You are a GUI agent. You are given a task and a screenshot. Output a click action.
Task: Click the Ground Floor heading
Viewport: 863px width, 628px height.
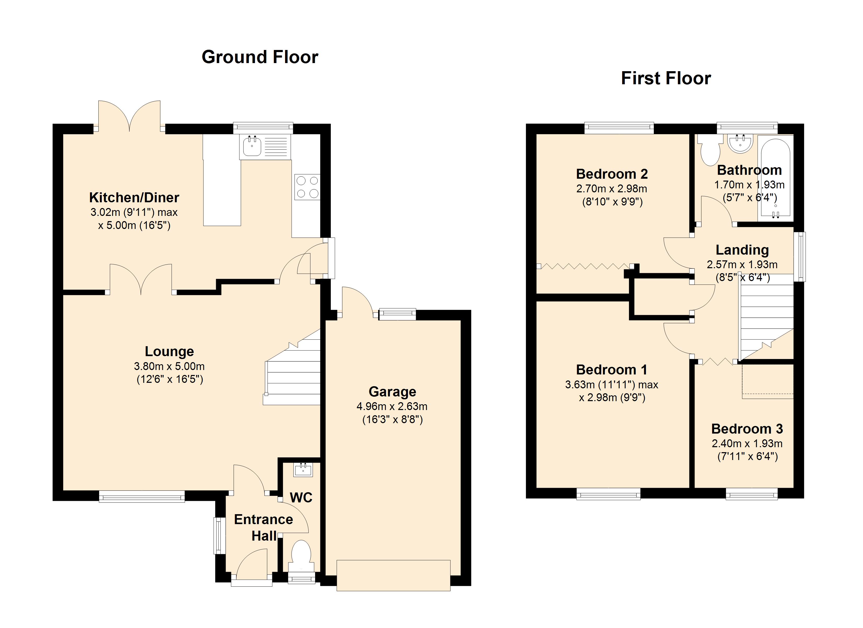[260, 57]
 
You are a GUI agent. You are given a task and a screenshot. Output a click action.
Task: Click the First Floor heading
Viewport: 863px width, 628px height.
[666, 78]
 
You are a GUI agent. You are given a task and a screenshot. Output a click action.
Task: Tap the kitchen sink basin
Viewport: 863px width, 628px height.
[252, 146]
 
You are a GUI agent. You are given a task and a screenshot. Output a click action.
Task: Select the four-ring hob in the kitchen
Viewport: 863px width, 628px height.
[307, 187]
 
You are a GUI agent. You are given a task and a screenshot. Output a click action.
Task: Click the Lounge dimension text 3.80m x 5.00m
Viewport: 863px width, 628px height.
[169, 366]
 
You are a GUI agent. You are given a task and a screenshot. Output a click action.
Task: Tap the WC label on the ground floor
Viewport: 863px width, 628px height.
[301, 497]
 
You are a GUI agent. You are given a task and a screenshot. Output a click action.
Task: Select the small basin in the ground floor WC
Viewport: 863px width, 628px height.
[303, 470]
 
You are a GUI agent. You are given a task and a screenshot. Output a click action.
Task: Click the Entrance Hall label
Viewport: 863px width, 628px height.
[263, 528]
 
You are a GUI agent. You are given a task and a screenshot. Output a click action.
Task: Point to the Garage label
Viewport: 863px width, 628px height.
[392, 392]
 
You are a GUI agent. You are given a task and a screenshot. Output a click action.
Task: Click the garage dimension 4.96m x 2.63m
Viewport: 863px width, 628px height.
[392, 406]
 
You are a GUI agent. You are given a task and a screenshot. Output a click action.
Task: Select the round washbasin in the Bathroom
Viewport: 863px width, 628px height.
[740, 144]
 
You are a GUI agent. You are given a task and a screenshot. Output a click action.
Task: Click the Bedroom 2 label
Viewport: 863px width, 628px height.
[612, 174]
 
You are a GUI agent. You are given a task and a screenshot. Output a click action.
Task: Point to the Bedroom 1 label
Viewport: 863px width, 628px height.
[611, 370]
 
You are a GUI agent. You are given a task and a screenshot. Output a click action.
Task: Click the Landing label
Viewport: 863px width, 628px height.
[742, 250]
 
